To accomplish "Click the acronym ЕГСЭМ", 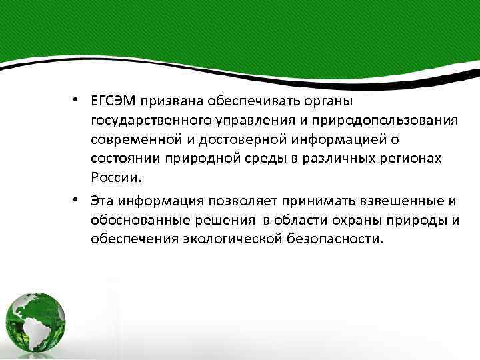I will click(115, 101).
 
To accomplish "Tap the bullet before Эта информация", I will click(78, 199).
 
